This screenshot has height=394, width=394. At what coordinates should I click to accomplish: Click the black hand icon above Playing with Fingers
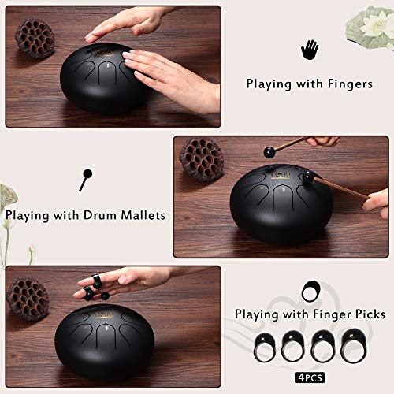click(310, 50)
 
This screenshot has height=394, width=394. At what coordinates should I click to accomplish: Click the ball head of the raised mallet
click(270, 148)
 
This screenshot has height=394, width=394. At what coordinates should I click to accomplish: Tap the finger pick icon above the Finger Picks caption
click(310, 290)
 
